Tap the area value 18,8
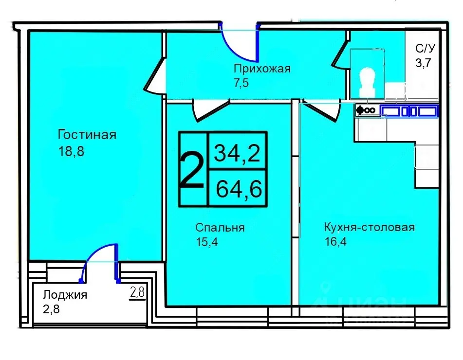coord(71,151)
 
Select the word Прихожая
coord(261,69)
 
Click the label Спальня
coord(220,228)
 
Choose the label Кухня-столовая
coord(369,227)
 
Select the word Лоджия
coord(65,295)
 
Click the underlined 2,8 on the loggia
coord(137,292)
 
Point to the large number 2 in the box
coord(192,169)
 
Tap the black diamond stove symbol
coord(361,111)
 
